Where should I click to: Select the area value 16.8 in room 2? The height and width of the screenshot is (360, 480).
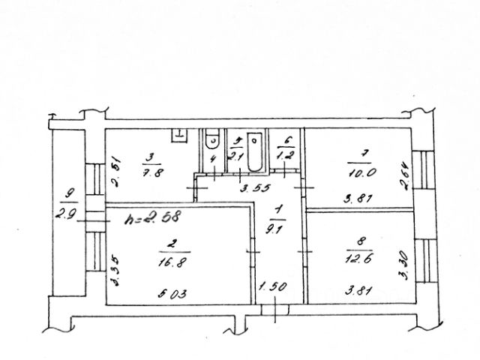[x=169, y=262]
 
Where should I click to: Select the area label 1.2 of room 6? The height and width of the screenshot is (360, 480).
[x=284, y=154]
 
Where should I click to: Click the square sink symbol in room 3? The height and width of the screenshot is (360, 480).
[x=179, y=135]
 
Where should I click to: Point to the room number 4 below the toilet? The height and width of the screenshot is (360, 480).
[x=212, y=159]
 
